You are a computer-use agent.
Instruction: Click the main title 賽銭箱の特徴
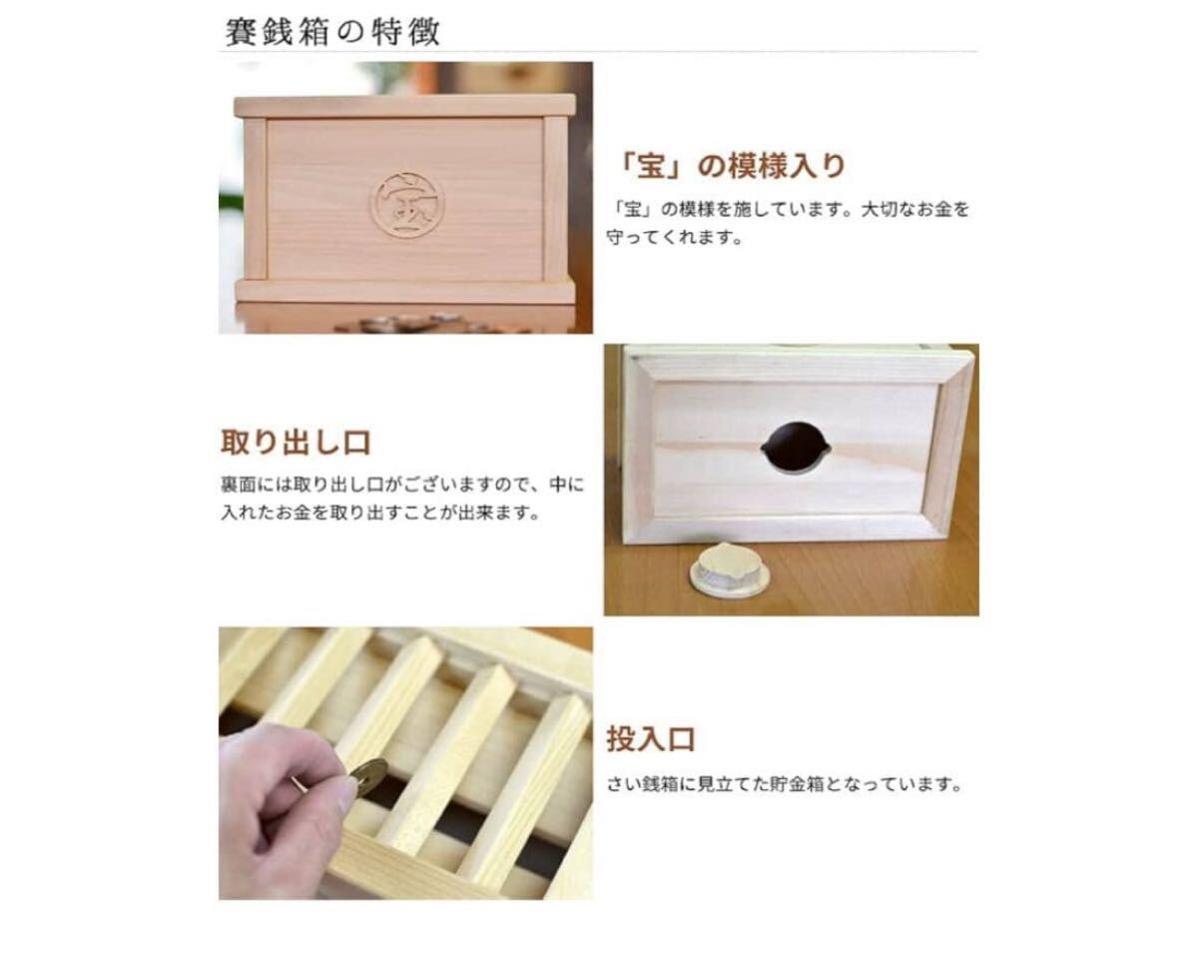(330, 30)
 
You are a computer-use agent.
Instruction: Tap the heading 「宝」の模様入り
(732, 166)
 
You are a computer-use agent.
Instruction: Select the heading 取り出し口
(296, 443)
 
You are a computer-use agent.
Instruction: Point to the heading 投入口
(650, 740)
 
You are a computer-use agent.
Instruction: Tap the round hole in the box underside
(795, 445)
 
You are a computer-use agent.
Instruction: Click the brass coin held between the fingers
(368, 775)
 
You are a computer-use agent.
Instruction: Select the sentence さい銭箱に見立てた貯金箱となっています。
(785, 784)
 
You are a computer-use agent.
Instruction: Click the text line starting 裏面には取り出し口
(402, 486)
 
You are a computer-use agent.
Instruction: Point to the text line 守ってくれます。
(674, 240)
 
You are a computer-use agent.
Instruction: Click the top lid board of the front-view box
(404, 105)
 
